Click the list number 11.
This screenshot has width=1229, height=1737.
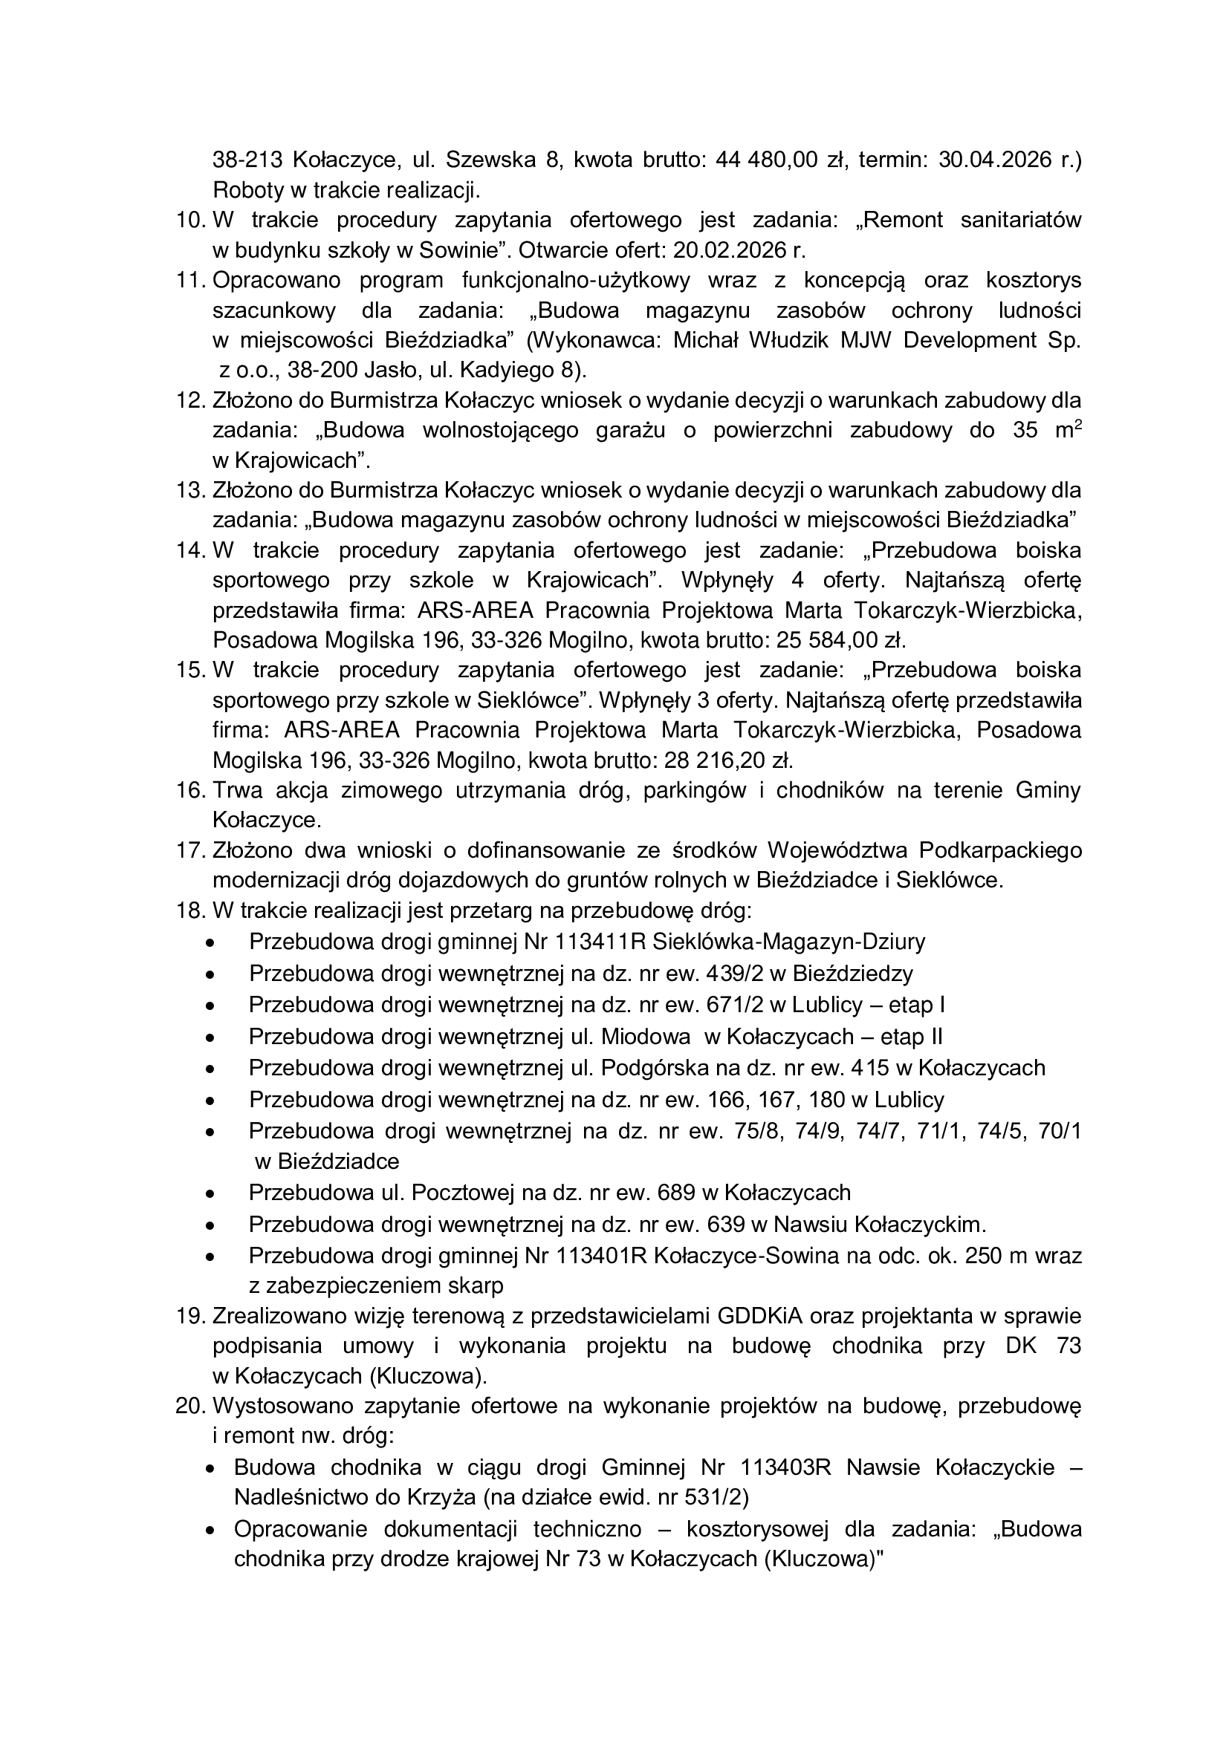[x=190, y=280]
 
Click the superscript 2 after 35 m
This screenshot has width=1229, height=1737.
[x=1077, y=426]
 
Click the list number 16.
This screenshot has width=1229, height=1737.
[x=190, y=790]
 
